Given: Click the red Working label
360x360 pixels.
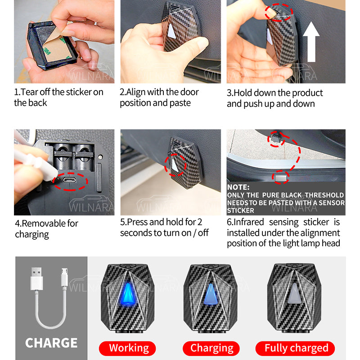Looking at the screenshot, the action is tap(127, 348).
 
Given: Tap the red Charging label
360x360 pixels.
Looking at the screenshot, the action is tap(211, 348).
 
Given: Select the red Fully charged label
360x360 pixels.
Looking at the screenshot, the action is tap(295, 348).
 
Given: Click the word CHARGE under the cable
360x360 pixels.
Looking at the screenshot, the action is tap(51, 343).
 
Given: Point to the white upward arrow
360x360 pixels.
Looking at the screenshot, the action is tap(311, 42).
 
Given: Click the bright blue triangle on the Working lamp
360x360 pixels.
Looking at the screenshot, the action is tap(128, 294).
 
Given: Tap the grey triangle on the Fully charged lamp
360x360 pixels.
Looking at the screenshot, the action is tap(295, 293).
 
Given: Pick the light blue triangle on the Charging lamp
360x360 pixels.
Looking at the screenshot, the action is tap(211, 294).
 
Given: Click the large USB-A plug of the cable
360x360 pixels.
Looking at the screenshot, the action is tap(36, 278).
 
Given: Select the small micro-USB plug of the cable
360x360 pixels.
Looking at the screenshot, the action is tap(64, 277).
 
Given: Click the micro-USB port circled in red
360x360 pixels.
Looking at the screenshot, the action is tap(70, 180).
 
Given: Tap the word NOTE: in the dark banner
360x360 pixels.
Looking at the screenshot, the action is tap(238, 187).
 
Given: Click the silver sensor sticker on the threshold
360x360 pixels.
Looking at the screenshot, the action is tap(280, 178).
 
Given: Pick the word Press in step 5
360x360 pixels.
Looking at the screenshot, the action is tap(137, 222).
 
